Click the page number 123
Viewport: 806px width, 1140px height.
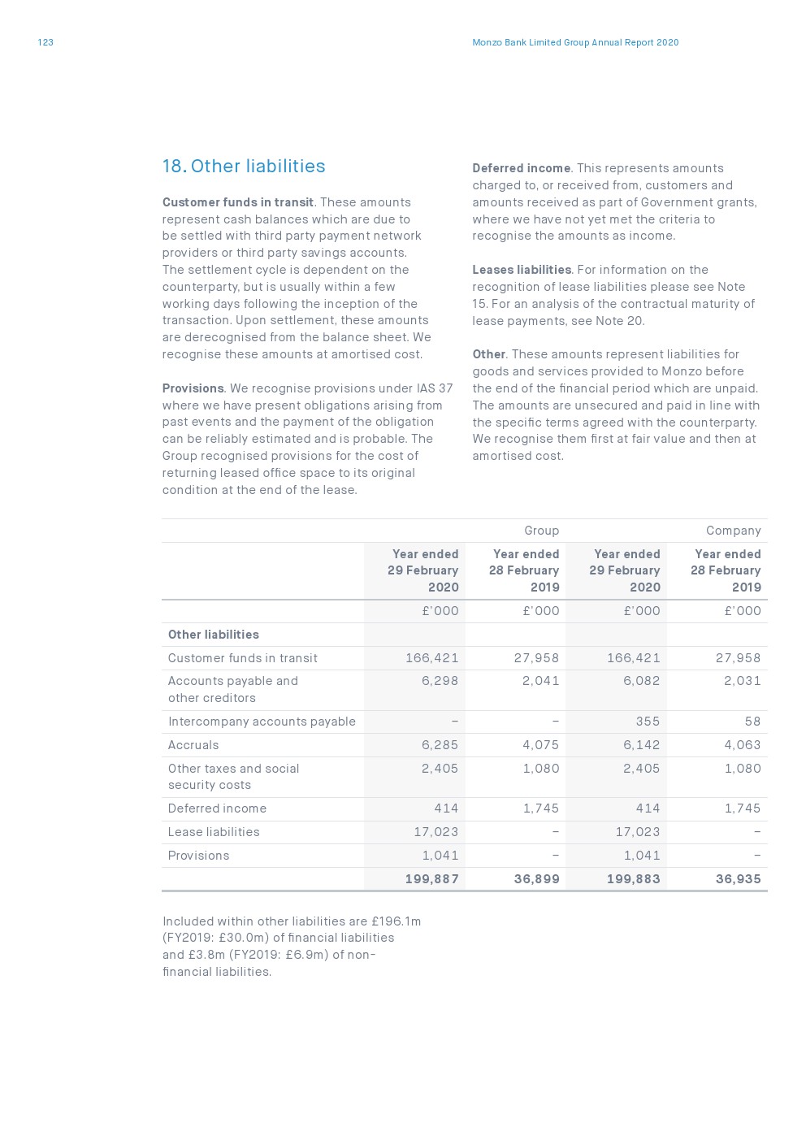coord(45,42)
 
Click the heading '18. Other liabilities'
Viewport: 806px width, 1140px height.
coord(244,167)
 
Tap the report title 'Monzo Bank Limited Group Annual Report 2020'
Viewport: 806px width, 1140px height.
coord(575,42)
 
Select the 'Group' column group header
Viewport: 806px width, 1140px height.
coord(541,531)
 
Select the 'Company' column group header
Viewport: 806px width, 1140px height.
coord(733,531)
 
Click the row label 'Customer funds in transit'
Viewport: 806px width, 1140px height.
coord(242,658)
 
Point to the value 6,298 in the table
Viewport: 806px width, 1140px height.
coord(440,681)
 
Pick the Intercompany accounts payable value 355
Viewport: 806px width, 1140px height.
coord(648,722)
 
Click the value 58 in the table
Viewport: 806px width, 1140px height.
coord(752,722)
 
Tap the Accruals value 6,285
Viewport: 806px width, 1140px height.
coord(440,745)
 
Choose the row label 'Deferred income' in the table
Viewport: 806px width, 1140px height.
coord(217,808)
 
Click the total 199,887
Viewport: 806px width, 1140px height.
coord(431,879)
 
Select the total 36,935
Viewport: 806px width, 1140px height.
coord(738,879)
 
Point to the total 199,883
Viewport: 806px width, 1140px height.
coord(633,879)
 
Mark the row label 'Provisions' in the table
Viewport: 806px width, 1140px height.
coord(198,856)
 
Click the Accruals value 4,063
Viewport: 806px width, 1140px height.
coord(742,745)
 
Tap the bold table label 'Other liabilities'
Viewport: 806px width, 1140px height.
coord(213,635)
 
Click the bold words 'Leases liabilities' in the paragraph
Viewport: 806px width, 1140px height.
coord(522,270)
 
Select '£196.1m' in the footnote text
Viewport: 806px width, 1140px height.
coord(396,921)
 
